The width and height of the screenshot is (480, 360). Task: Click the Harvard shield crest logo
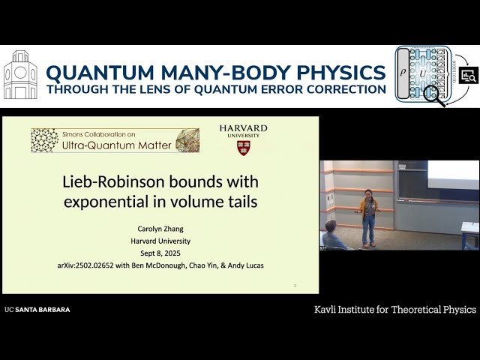[243, 147]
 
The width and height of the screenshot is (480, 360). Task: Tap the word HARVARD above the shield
[243, 128]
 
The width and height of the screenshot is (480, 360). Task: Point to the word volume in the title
[182, 201]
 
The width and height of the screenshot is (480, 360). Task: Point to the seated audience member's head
[331, 226]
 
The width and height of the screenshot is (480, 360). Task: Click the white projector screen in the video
[453, 175]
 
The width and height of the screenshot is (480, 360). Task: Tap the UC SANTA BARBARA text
[37, 309]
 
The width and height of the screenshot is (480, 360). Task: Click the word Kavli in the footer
[328, 309]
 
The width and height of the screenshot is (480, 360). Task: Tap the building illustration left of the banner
[20, 75]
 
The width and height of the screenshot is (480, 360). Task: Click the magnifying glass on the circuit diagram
[433, 94]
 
